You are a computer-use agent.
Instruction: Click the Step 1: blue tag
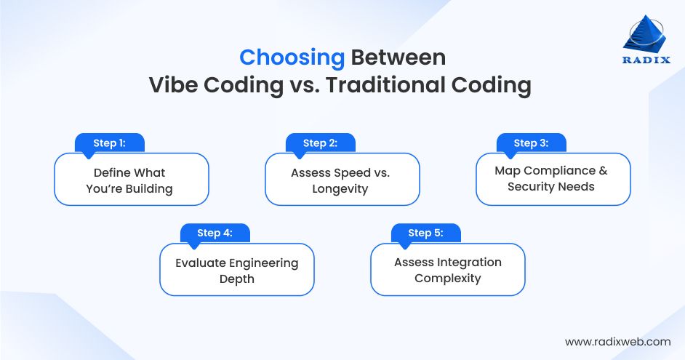pyautogui.click(x=110, y=143)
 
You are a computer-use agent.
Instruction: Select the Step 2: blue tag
pyautogui.click(x=320, y=143)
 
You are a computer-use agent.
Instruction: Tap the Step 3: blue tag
pyautogui.click(x=531, y=143)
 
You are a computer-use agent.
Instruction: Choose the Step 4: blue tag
pyautogui.click(x=215, y=233)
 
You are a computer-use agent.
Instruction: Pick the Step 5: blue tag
pyautogui.click(x=425, y=233)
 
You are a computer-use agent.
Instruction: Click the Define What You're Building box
pyautogui.click(x=132, y=180)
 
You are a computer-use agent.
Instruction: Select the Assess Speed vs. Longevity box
pyautogui.click(x=342, y=180)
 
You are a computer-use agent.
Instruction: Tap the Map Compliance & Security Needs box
pyautogui.click(x=553, y=179)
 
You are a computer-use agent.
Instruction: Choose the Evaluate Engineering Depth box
pyautogui.click(x=237, y=271)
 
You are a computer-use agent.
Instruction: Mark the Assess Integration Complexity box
pyautogui.click(x=448, y=270)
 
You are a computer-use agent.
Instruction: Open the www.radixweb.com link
pyautogui.click(x=617, y=341)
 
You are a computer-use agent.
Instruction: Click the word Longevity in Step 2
pyautogui.click(x=341, y=189)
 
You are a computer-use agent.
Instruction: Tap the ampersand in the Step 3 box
pyautogui.click(x=602, y=171)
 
